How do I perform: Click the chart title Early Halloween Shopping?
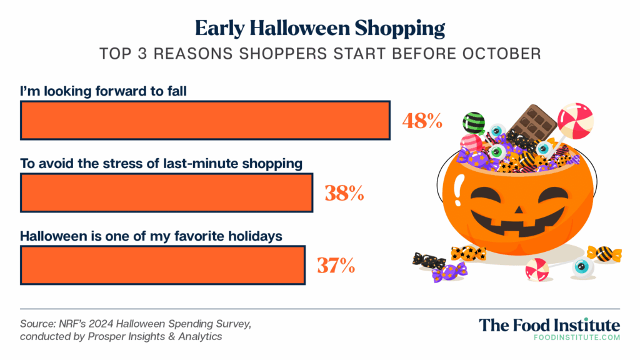319,29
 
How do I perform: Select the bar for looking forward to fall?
205,121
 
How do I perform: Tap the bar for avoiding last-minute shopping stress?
166,192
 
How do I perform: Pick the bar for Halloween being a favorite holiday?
163,265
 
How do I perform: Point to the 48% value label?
422,121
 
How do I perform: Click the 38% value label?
344,193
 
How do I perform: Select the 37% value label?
336,265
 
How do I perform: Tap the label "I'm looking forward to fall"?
103,91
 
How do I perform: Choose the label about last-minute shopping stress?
161,163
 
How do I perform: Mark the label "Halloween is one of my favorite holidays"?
151,236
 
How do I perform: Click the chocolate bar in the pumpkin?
533,123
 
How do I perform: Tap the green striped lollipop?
474,122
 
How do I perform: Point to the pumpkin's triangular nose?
518,210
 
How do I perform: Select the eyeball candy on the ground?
583,267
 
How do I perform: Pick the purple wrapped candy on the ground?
449,272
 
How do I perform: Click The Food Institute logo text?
549,325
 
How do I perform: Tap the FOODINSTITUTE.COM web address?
577,337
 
